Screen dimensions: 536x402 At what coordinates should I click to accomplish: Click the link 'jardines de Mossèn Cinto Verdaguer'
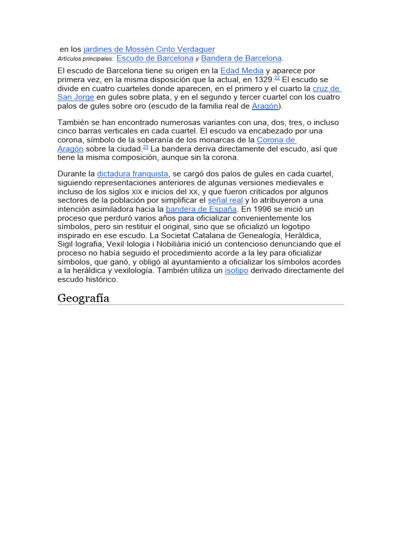[x=149, y=49]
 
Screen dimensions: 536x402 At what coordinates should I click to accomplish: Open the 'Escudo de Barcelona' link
[x=155, y=58]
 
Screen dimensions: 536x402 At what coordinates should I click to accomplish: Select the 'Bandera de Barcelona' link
[x=241, y=58]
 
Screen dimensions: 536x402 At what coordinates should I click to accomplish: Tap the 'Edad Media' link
[x=242, y=71]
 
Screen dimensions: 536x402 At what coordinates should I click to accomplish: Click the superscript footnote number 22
[x=277, y=77]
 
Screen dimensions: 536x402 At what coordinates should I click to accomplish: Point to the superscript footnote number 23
[x=146, y=147]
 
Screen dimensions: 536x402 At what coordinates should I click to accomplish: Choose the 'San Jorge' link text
[x=76, y=97]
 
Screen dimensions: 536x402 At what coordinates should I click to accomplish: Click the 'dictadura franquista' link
[x=133, y=174]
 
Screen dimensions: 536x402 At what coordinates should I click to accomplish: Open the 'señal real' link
[x=225, y=200]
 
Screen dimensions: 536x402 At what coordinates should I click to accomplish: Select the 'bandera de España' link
[x=202, y=209]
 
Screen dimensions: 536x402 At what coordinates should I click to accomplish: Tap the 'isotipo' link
[x=237, y=271]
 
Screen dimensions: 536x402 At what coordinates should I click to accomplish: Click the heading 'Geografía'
[x=84, y=298]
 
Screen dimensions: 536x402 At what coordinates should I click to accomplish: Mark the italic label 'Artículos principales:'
[x=85, y=59]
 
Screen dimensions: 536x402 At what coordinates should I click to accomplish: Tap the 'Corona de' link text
[x=276, y=140]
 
